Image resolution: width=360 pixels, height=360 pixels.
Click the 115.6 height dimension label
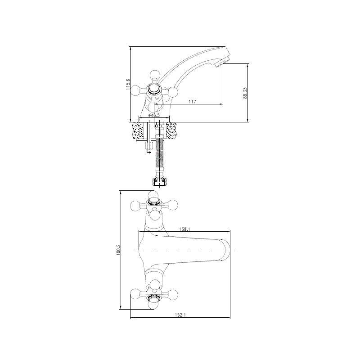(x=128, y=85)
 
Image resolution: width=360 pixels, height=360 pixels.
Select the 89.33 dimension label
(x=245, y=93)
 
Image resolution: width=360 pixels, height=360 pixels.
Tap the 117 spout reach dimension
(x=193, y=102)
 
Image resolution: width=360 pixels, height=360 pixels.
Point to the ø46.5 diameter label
(x=154, y=115)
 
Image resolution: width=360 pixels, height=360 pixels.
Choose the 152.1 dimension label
(x=180, y=315)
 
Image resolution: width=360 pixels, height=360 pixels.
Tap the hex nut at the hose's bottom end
(x=159, y=182)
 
